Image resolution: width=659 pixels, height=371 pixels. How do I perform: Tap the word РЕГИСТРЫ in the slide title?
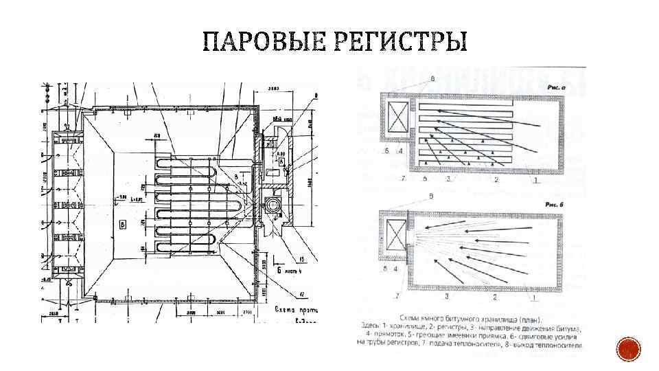pos(399,42)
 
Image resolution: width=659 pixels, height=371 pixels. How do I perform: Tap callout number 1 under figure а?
pos(537,180)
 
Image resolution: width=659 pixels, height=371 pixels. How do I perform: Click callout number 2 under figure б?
pos(495,297)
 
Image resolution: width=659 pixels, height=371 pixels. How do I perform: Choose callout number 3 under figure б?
pos(447,297)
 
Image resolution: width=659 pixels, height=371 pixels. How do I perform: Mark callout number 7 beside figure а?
pos(404,178)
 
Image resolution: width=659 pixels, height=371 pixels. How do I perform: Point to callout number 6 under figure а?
pos(425,179)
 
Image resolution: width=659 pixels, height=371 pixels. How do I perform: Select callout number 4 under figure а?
pos(399,152)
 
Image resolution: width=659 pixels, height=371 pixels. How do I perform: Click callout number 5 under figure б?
pos(387,269)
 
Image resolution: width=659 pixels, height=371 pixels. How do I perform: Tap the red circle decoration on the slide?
pos(628,350)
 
